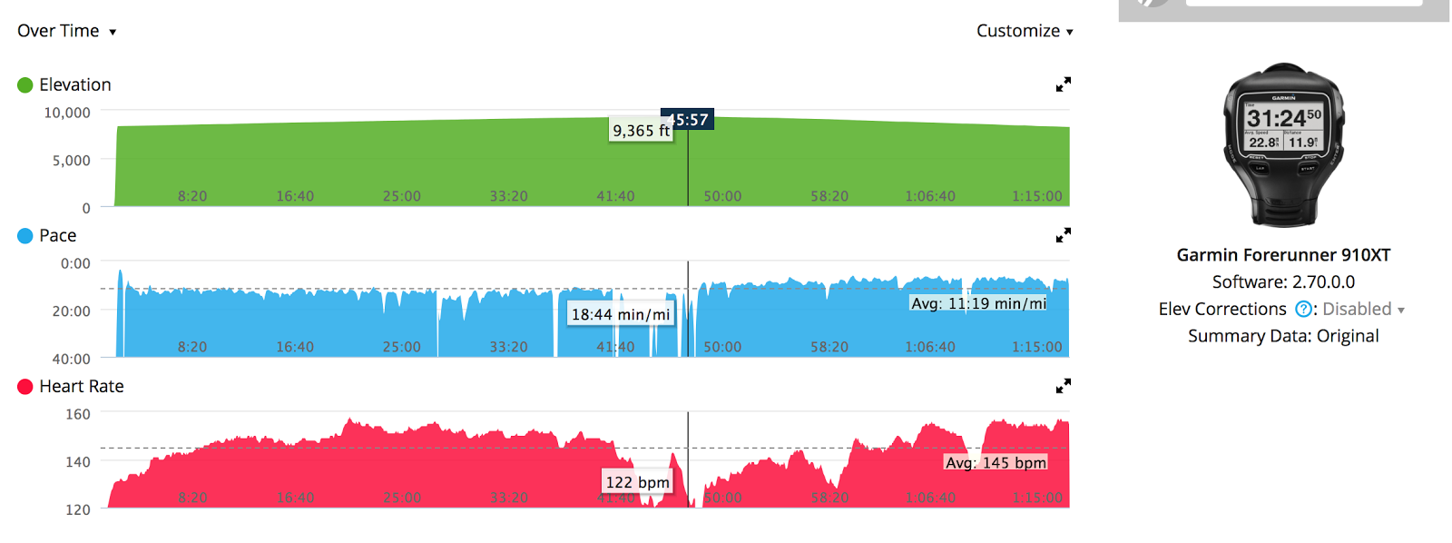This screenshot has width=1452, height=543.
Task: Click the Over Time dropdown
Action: (66, 31)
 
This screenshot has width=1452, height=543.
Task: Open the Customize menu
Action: (1025, 31)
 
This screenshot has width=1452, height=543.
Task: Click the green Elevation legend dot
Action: (25, 85)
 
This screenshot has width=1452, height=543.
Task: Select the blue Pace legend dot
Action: (25, 236)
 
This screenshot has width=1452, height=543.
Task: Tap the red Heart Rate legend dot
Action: (25, 387)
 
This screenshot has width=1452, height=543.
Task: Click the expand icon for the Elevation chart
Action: (1064, 84)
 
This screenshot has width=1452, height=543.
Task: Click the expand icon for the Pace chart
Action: (1064, 235)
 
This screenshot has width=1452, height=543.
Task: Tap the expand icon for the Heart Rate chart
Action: (1064, 386)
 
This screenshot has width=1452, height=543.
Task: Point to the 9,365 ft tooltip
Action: (641, 131)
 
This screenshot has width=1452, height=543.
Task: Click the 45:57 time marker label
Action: (688, 120)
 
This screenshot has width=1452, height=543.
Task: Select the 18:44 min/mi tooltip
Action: (621, 314)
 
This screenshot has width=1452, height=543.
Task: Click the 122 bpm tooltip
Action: (637, 482)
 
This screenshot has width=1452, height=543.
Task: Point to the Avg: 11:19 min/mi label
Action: (978, 303)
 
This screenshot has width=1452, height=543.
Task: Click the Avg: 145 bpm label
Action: (996, 462)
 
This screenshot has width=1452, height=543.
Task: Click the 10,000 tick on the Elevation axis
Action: (67, 113)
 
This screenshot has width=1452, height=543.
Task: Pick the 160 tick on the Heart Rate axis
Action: (78, 414)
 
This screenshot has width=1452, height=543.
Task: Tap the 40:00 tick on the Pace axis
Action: (71, 359)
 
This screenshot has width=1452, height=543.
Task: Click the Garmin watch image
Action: (1283, 144)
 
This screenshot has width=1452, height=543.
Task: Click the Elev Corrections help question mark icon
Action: (1303, 310)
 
